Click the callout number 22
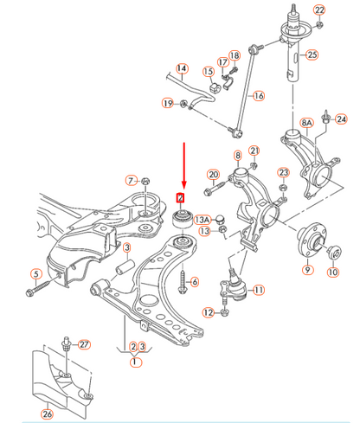pyautogui.click(x=319, y=10)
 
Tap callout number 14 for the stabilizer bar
pyautogui.click(x=182, y=68)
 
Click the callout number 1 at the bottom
pyautogui.click(x=134, y=363)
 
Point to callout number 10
pyautogui.click(x=333, y=273)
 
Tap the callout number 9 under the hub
pyautogui.click(x=305, y=270)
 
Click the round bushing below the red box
pyautogui.click(x=183, y=217)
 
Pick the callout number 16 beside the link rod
pyautogui.click(x=258, y=95)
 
